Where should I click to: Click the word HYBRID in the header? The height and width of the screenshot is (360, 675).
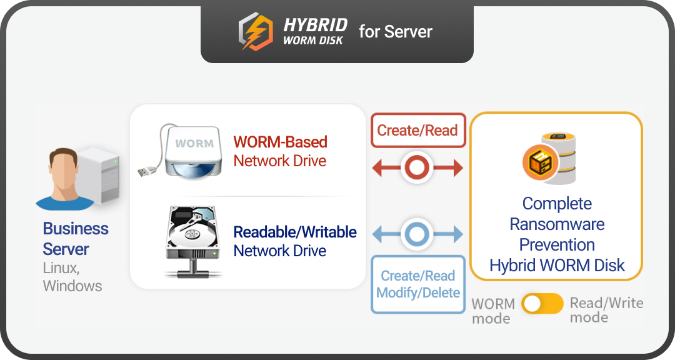[315, 24]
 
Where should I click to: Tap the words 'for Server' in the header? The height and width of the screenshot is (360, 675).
[395, 32]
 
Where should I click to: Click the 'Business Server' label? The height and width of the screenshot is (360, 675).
[75, 239]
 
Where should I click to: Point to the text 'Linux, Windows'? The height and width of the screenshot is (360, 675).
[72, 277]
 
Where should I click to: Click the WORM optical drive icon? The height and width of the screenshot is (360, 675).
[194, 152]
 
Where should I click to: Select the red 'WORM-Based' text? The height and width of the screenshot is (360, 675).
[280, 142]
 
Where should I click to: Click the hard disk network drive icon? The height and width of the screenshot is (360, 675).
[193, 241]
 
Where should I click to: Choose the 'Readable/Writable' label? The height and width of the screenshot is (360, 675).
[295, 232]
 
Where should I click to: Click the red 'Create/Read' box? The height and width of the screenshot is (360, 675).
[418, 131]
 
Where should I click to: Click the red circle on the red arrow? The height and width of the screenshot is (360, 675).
[417, 168]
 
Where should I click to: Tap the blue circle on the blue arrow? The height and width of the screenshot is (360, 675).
[417, 235]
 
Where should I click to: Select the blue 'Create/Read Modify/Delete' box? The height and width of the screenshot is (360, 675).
[418, 284]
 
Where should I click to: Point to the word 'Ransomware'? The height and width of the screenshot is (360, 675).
[557, 224]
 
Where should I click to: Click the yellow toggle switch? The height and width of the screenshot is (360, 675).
[542, 304]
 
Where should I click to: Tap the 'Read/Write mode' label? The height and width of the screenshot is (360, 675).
[606, 310]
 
